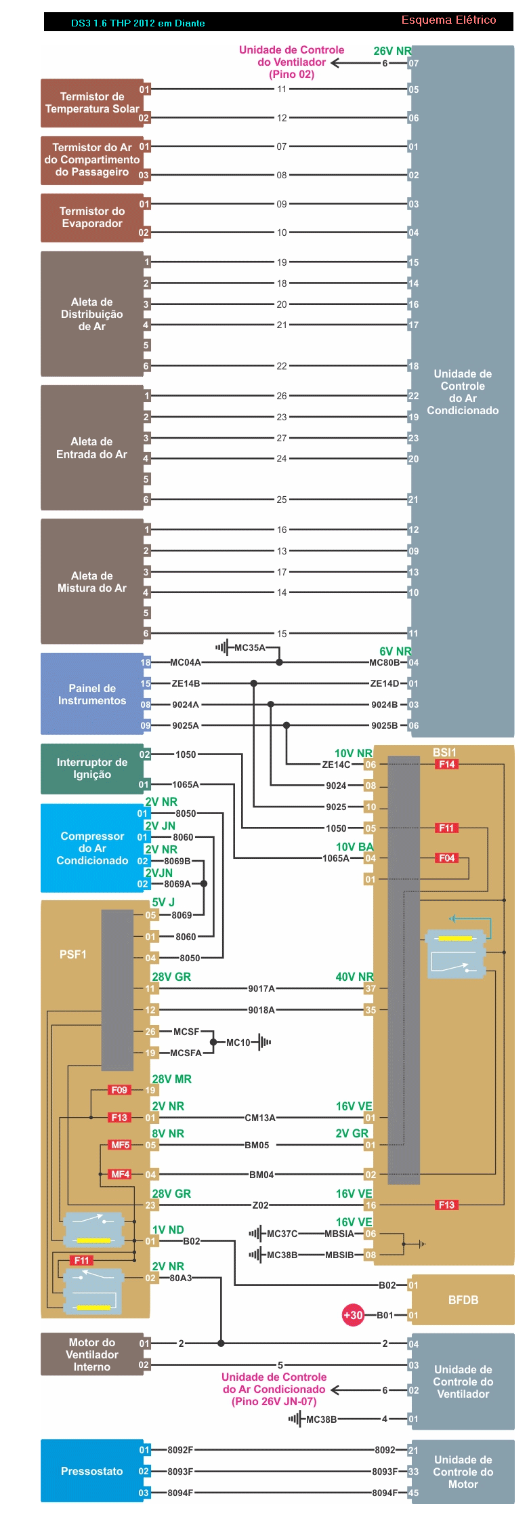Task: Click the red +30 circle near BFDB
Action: (x=353, y=1315)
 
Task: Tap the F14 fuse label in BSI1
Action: (x=446, y=765)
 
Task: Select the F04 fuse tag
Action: (x=446, y=858)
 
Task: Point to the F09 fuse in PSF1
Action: (x=119, y=1090)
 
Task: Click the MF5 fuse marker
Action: (x=120, y=1145)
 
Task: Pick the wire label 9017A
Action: (x=261, y=989)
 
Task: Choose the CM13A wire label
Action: (x=260, y=1118)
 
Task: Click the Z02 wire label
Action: (x=260, y=1205)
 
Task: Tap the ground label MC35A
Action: (x=250, y=648)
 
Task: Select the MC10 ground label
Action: (x=238, y=1043)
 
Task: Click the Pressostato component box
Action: (x=92, y=1471)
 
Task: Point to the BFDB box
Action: (x=463, y=1300)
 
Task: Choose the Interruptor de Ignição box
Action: (x=92, y=769)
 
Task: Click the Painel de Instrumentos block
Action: (x=92, y=694)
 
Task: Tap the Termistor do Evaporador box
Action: (x=92, y=218)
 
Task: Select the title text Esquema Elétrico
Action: (x=448, y=20)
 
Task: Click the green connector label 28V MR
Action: (x=171, y=1079)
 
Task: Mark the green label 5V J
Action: (x=163, y=902)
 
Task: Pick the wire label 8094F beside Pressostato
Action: (x=180, y=1493)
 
